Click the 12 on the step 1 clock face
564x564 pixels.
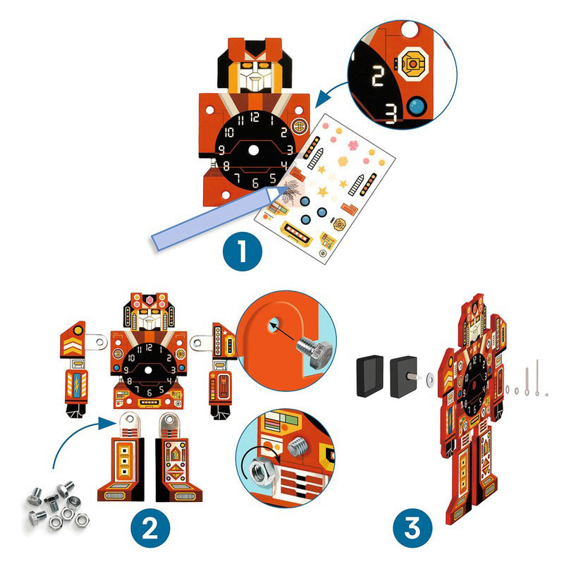(255, 118)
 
